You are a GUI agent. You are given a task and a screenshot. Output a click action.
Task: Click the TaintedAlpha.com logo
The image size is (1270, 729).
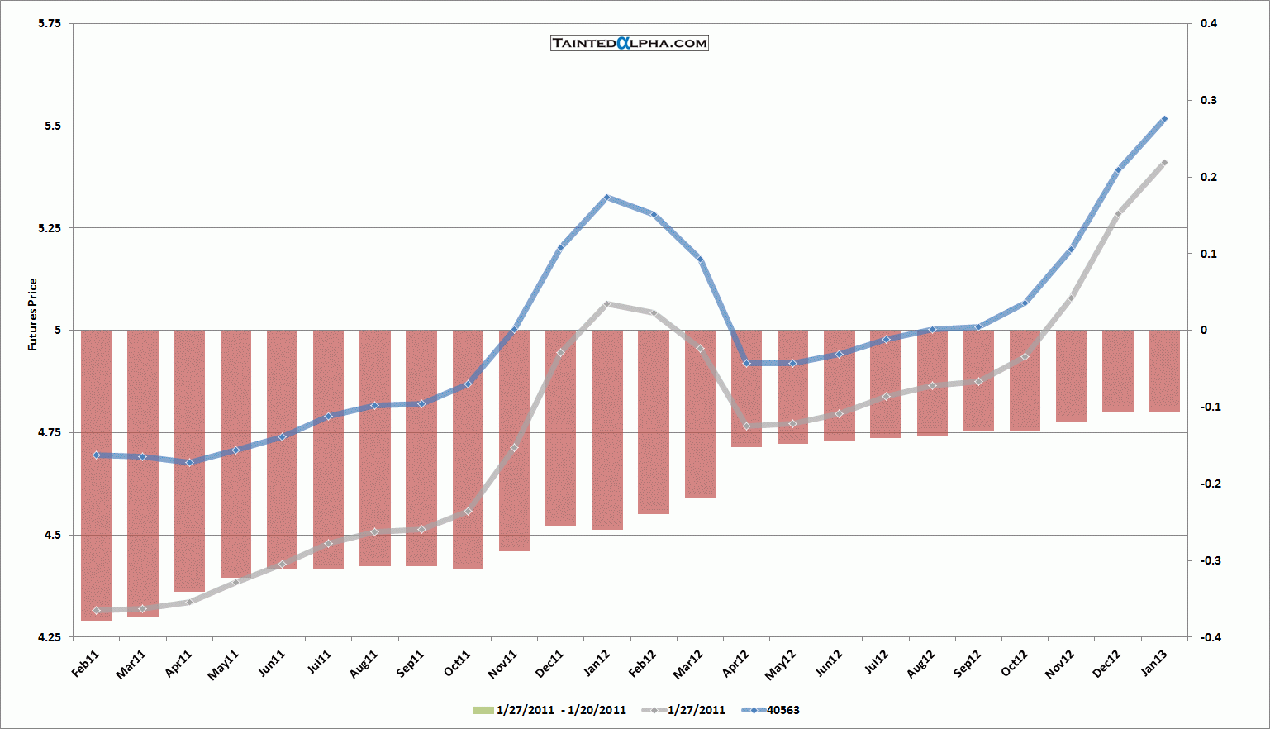(x=630, y=43)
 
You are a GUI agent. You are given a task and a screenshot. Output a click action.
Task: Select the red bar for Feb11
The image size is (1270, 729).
(x=96, y=474)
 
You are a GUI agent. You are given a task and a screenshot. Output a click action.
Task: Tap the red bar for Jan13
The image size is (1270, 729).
(x=1164, y=370)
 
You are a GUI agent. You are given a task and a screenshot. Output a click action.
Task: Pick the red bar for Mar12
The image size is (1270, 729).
(x=700, y=413)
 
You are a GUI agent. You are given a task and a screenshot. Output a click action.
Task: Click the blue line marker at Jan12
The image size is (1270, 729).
(x=606, y=198)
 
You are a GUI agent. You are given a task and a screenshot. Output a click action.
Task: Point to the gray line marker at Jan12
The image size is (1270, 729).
(x=606, y=304)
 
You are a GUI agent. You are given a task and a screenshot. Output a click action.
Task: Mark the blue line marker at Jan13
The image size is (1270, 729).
(x=1164, y=119)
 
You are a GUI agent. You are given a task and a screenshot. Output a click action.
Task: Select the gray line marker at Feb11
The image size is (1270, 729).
(x=96, y=611)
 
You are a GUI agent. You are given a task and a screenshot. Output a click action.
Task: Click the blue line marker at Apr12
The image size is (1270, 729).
(x=746, y=364)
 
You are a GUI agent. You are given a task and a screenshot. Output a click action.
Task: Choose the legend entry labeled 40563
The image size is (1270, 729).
(x=782, y=710)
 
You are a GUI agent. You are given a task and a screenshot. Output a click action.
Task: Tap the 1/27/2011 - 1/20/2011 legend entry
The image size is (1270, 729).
(x=560, y=710)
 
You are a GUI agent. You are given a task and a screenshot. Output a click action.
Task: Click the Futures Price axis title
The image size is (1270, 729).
(x=33, y=315)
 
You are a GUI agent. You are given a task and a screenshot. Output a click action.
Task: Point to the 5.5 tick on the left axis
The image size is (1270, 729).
(x=52, y=126)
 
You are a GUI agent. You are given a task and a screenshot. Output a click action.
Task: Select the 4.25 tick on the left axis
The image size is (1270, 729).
(x=50, y=637)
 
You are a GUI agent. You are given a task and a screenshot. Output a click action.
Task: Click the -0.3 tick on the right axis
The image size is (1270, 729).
(x=1209, y=560)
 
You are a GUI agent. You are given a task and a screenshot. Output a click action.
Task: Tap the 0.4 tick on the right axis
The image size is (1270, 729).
(x=1209, y=23)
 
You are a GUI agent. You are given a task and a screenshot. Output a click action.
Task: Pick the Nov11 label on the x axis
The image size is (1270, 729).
(x=503, y=664)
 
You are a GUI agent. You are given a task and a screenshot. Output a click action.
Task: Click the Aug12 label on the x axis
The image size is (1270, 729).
(x=921, y=664)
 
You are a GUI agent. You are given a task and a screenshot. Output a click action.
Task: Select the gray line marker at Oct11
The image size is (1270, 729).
(x=468, y=512)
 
